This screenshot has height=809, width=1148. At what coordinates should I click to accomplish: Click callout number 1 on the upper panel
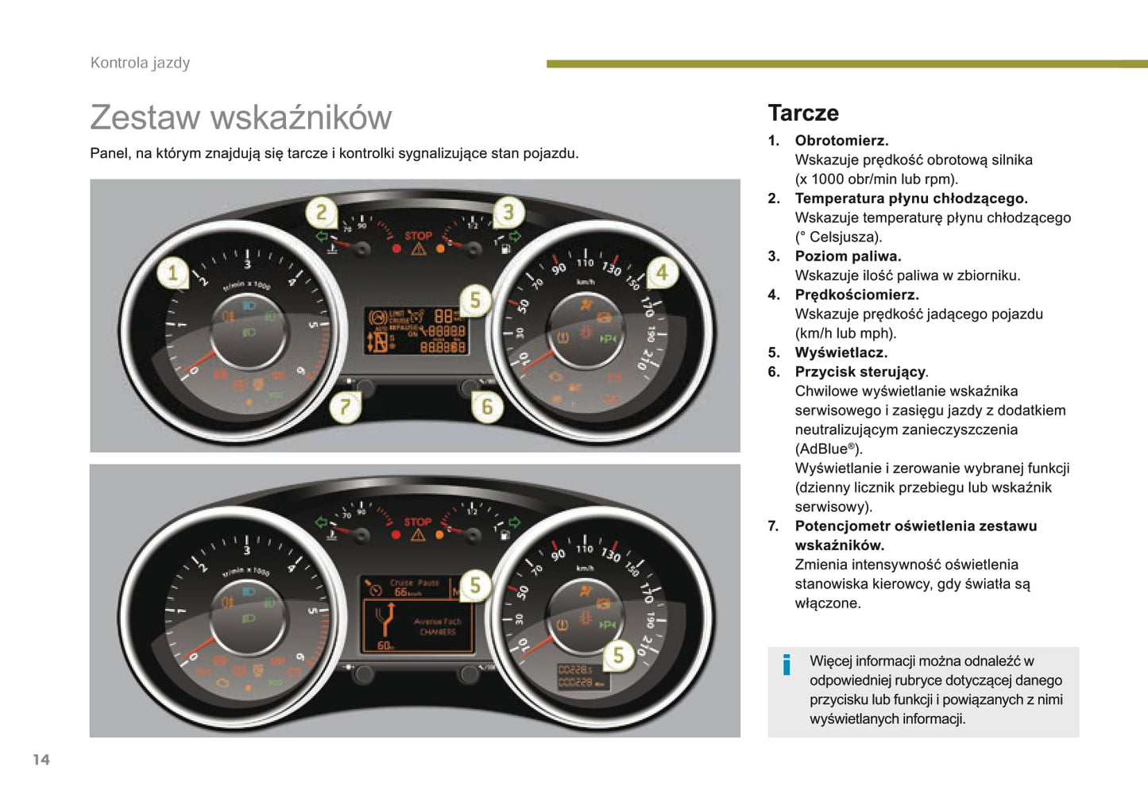coord(172,274)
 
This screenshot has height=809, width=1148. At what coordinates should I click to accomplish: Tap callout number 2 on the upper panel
coord(321,212)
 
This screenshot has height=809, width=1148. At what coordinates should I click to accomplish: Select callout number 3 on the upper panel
coord(508,211)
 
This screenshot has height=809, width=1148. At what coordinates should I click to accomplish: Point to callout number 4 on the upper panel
coord(662,273)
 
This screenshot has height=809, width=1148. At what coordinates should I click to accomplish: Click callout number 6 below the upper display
coord(487,407)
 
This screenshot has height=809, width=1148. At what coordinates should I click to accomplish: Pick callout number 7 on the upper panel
coord(345,407)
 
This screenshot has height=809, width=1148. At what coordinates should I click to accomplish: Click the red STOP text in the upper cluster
coord(419,236)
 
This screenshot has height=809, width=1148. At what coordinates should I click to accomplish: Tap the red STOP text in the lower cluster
coord(418,522)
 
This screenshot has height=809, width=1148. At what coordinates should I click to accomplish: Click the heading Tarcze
coord(803,114)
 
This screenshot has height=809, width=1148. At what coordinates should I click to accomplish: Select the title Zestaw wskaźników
coord(241,117)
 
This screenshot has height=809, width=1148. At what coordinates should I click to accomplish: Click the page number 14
coord(41,760)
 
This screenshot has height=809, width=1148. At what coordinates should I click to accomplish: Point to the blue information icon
coord(787,665)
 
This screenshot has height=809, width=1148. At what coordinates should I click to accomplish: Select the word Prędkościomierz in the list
coord(856,295)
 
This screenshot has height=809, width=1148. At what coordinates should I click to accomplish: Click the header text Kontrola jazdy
coord(140,63)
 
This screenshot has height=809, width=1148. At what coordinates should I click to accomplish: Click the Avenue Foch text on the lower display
coord(437,622)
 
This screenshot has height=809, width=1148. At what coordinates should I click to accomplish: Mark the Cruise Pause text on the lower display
coord(415,583)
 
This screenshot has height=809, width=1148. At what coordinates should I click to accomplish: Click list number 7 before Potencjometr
coord(773,526)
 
